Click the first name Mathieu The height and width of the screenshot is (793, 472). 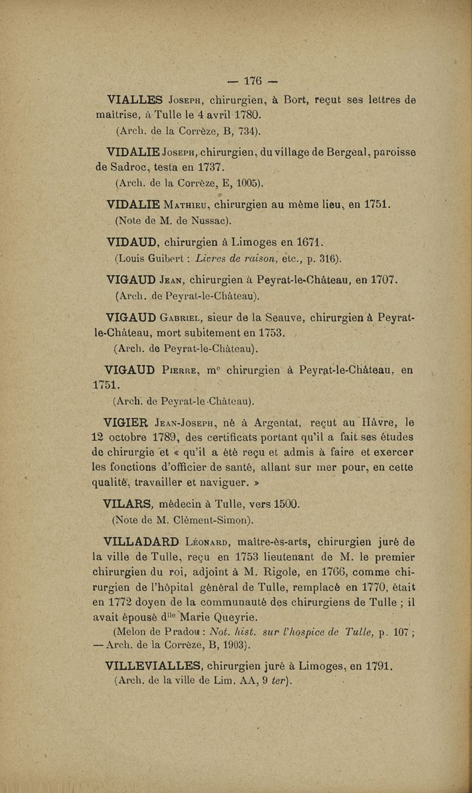[x=178, y=206]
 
